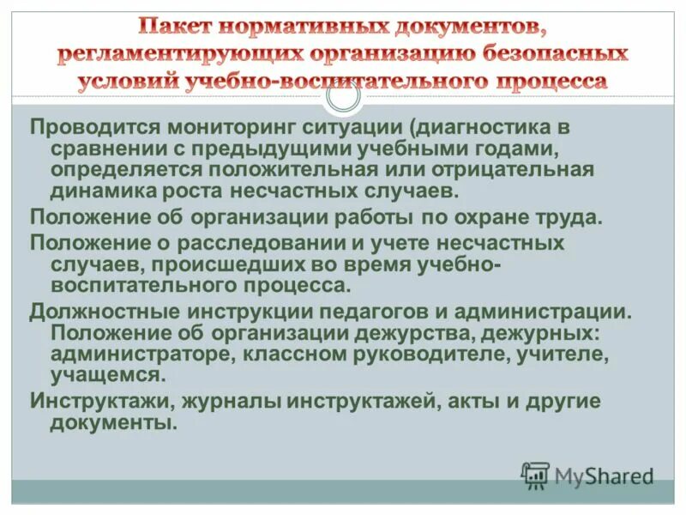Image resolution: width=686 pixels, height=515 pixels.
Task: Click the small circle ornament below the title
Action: (x=343, y=96)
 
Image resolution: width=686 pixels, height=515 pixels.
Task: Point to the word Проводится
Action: (x=94, y=128)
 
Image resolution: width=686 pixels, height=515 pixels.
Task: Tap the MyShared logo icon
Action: (x=535, y=476)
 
